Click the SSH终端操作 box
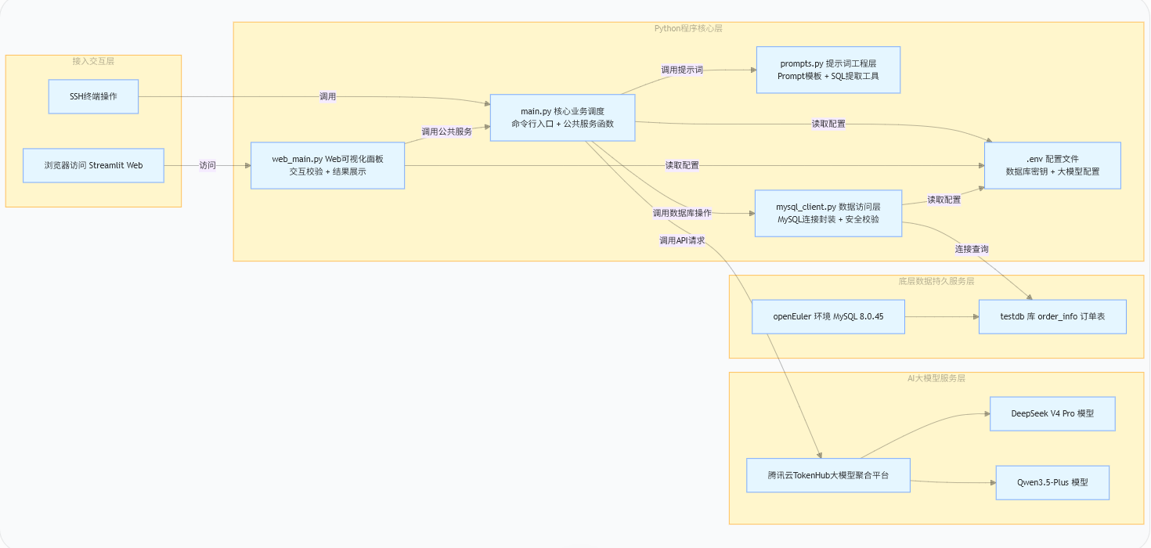pos(93,96)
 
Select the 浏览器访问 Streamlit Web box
pos(93,165)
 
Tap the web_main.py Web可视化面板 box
pos(328,165)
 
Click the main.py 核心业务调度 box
pos(563,117)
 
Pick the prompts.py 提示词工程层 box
pos(828,70)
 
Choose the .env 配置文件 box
pos(1053,165)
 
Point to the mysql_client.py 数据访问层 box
pos(828,213)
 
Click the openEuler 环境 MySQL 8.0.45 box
pos(828,317)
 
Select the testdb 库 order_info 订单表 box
pos(1053,317)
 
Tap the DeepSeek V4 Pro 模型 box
pos(1053,413)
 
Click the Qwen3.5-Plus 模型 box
pos(1053,483)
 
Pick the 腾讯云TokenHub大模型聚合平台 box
pos(828,475)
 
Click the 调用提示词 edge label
pos(682,70)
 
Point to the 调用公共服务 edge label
pos(447,132)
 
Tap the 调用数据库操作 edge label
pos(682,213)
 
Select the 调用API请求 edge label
pos(682,240)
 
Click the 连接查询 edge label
pos(972,249)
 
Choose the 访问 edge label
pos(207,165)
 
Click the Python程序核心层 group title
pos(688,28)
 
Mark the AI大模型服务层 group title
pos(936,379)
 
